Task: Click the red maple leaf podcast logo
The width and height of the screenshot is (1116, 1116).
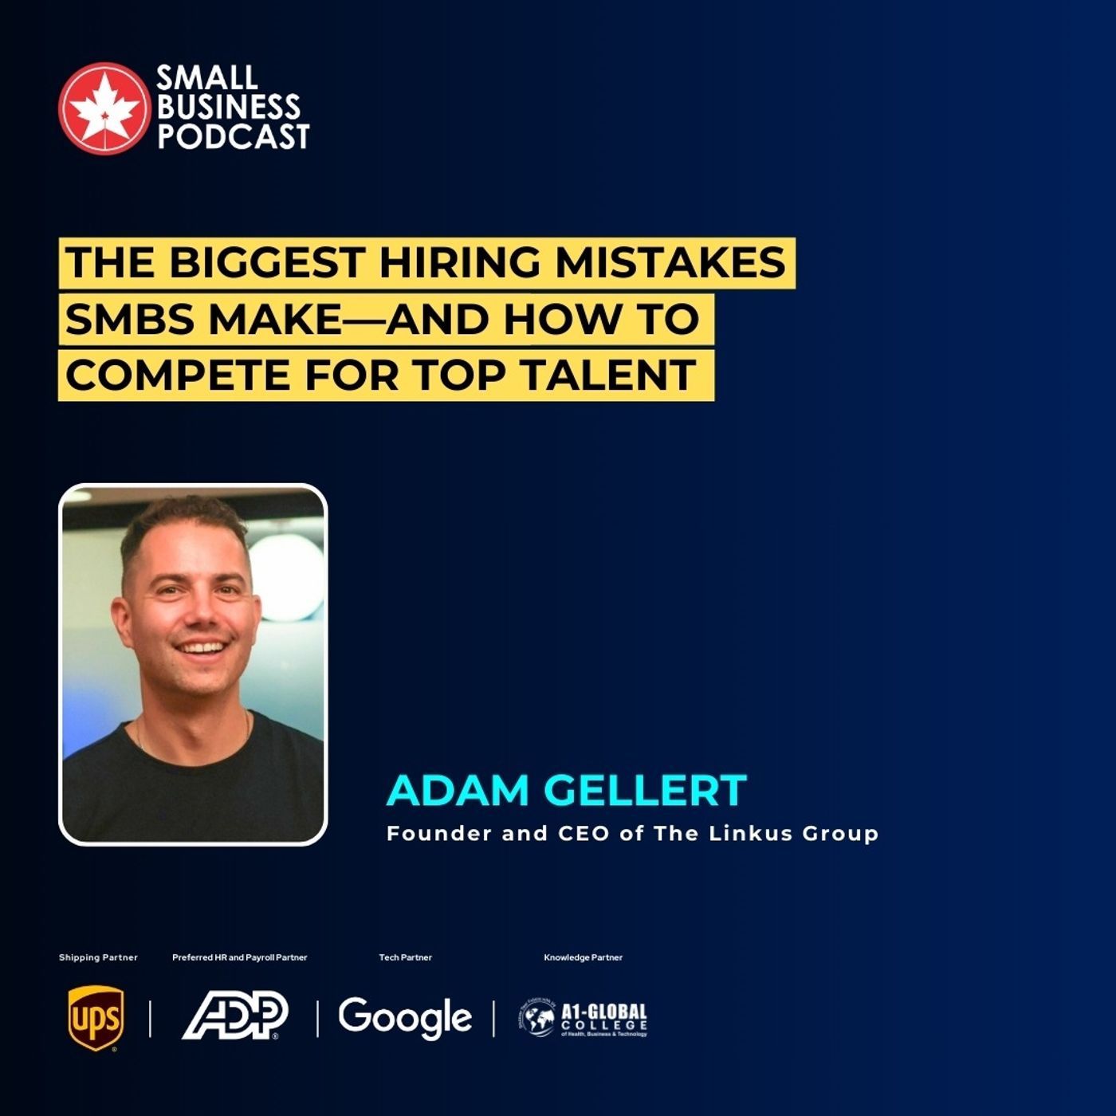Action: pyautogui.click(x=104, y=108)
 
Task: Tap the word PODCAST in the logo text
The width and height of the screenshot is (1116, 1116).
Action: pyautogui.click(x=233, y=137)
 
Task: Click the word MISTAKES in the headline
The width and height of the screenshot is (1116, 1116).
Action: pyautogui.click(x=670, y=262)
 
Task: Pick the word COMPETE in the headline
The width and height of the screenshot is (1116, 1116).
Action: pyautogui.click(x=178, y=375)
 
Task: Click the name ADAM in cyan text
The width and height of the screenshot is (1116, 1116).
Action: pyautogui.click(x=458, y=790)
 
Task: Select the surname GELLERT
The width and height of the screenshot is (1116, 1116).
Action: pyautogui.click(x=645, y=790)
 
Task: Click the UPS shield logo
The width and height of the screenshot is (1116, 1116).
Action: pyautogui.click(x=96, y=1018)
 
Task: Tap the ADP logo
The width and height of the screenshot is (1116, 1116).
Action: pyautogui.click(x=235, y=1016)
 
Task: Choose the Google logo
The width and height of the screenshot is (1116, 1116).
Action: pyautogui.click(x=405, y=1018)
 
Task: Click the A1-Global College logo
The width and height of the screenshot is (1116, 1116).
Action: pyautogui.click(x=583, y=1019)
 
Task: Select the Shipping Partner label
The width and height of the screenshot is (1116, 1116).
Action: pyautogui.click(x=98, y=957)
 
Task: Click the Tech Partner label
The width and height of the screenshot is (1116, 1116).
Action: pyautogui.click(x=405, y=957)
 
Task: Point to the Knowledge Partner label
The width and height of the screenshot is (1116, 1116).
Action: pyautogui.click(x=583, y=957)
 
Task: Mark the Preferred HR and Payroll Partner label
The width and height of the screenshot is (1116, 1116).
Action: pyautogui.click(x=239, y=957)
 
